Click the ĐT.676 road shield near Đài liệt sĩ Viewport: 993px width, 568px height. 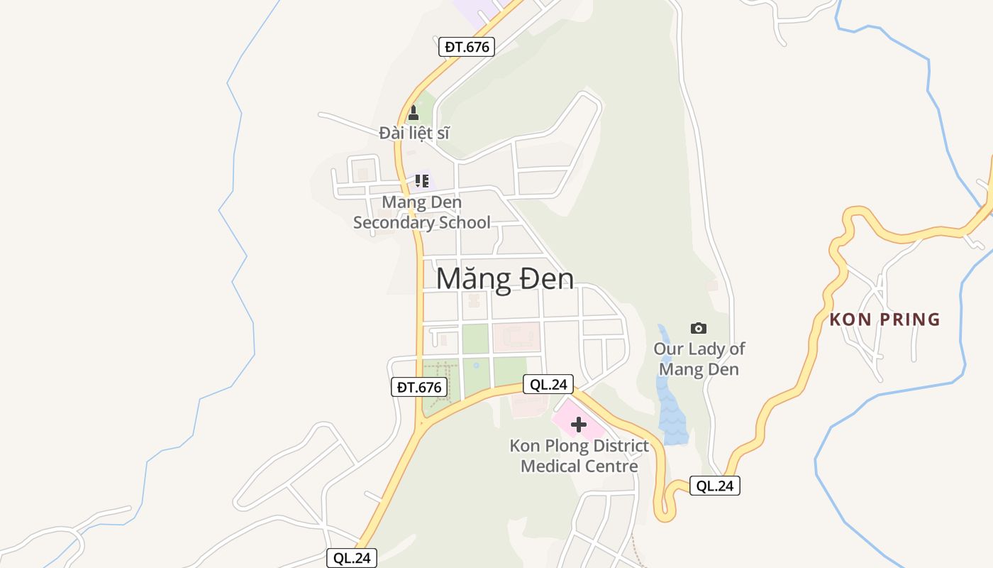click(x=465, y=47)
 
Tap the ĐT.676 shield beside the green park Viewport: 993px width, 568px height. click(x=419, y=387)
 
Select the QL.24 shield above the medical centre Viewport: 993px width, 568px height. click(x=548, y=384)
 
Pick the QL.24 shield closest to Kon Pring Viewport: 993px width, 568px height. click(x=715, y=486)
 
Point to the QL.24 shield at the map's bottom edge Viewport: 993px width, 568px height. click(x=352, y=558)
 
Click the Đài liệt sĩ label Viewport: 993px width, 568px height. click(x=414, y=133)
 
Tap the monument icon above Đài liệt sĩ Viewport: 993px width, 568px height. click(x=414, y=112)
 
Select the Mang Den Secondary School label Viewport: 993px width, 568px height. click(x=422, y=212)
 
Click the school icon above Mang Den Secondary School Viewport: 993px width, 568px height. click(x=422, y=180)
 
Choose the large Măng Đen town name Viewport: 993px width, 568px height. click(x=504, y=279)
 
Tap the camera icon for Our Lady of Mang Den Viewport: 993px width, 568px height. click(x=699, y=328)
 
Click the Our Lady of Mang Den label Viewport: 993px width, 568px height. click(x=699, y=359)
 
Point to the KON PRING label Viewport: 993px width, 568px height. click(x=884, y=319)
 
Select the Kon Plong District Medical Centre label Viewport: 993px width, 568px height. click(x=579, y=456)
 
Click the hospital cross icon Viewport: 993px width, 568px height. click(x=579, y=425)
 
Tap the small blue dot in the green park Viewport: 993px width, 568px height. click(x=476, y=366)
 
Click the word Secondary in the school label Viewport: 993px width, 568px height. click(x=422, y=222)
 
